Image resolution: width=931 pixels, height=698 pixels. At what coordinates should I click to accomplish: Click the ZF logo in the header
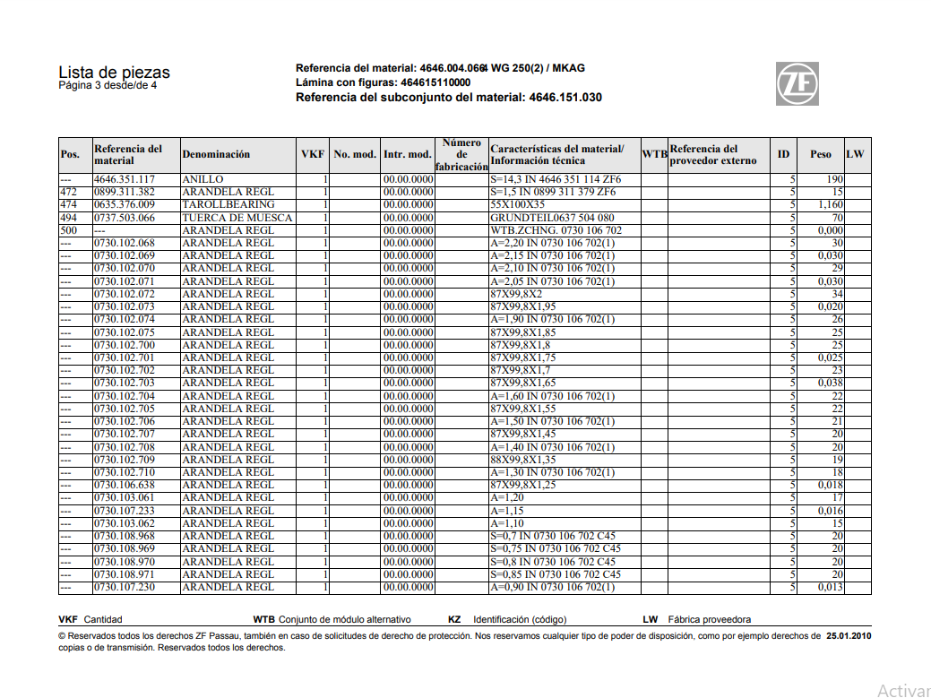[x=797, y=84]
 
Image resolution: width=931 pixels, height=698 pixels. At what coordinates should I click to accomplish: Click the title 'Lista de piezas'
[x=114, y=73]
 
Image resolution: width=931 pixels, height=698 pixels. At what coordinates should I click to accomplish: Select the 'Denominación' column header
[x=216, y=154]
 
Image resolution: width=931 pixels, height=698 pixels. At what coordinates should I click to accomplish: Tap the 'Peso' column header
[x=820, y=154]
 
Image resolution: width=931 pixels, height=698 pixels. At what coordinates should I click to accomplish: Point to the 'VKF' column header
[x=313, y=154]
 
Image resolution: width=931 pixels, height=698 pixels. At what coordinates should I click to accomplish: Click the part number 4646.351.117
[x=125, y=179]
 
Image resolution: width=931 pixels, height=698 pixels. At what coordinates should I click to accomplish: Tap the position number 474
[x=68, y=205]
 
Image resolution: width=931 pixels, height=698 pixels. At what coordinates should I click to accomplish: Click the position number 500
[x=68, y=230]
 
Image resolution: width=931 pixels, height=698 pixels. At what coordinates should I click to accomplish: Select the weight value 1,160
[x=830, y=205]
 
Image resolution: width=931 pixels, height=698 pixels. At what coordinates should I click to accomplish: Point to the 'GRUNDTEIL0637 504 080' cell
[x=552, y=218]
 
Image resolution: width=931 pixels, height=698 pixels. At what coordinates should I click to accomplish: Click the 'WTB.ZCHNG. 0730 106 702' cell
[x=556, y=230]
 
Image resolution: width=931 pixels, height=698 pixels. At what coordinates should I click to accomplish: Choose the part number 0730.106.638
[x=125, y=485]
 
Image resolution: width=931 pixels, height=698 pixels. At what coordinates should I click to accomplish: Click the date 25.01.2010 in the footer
[x=849, y=636]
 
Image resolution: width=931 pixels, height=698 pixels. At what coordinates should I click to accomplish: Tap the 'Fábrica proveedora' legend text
[x=710, y=619]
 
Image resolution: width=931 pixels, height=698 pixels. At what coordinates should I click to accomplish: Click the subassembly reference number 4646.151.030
[x=565, y=97]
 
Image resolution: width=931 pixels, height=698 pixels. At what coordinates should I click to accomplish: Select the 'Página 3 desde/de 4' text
[x=108, y=86]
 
